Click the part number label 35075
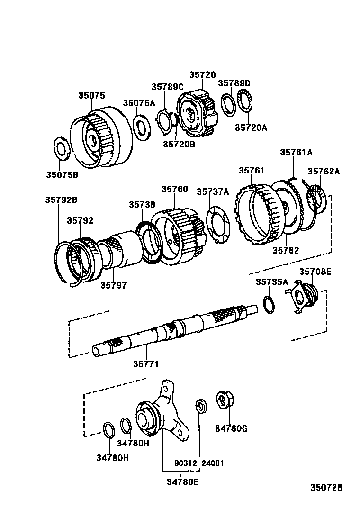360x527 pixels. click(x=91, y=95)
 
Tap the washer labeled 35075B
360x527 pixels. click(x=62, y=148)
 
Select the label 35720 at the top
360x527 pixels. click(x=202, y=75)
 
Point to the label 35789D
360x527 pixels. click(x=234, y=83)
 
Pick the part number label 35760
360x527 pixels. click(x=174, y=189)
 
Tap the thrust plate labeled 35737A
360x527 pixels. click(x=218, y=224)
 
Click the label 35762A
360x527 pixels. click(x=324, y=172)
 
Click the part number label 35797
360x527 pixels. click(x=113, y=285)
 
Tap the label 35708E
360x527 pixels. click(x=315, y=272)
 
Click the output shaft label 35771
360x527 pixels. click(x=145, y=364)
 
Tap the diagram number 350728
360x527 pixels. click(x=326, y=488)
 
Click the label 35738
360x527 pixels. click(x=142, y=205)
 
